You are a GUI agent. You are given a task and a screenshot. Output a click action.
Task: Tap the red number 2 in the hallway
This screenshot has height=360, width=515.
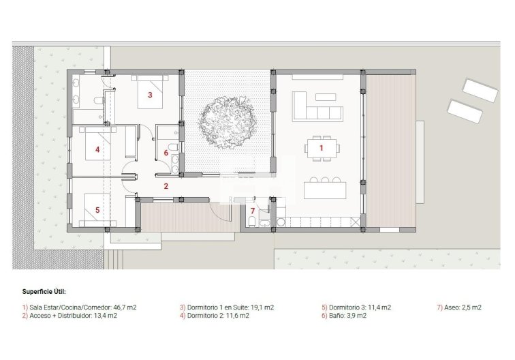coord(166,185)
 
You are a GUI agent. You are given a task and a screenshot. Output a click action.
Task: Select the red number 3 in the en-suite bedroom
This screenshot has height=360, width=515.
coord(149,95)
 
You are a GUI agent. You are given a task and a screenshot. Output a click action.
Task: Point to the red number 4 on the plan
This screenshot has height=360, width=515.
coord(97,149)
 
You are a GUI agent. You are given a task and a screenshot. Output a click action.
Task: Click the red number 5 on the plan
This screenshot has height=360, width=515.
coord(97,210)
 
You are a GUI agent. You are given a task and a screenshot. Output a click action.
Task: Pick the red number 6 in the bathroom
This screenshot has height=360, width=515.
coord(166,153)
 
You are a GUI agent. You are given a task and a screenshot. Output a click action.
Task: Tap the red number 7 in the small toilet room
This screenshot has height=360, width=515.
coord(252,210)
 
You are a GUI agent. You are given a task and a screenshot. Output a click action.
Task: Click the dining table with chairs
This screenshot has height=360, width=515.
coord(323,147)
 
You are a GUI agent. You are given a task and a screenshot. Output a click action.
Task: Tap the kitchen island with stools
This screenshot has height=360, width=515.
coord(324,189)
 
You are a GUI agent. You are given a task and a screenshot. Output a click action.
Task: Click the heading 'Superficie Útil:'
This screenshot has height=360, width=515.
coord(44,291)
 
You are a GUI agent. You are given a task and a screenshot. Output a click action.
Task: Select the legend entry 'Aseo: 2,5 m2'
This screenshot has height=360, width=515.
coord(459,307)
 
